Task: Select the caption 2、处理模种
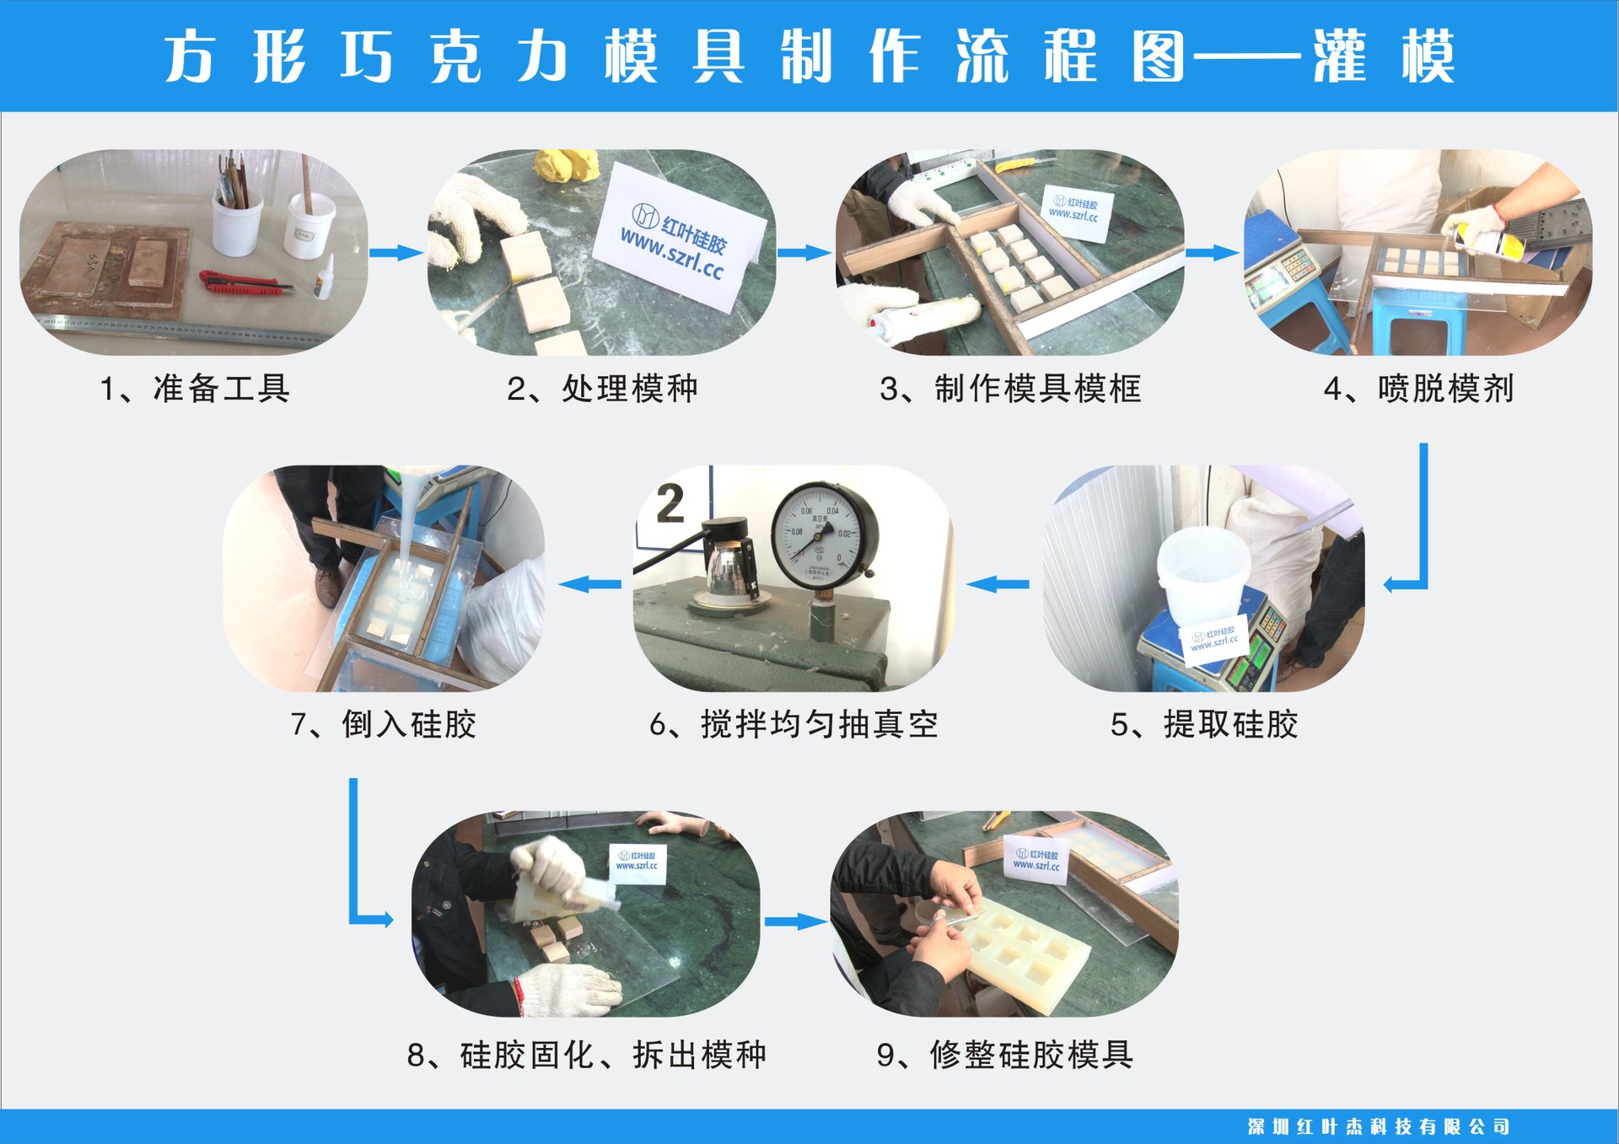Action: point(602,389)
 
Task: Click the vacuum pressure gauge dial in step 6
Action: point(823,536)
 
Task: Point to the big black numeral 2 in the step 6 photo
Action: point(670,503)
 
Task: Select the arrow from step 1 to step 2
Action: point(396,253)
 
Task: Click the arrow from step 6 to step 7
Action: point(589,583)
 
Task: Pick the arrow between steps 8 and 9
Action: point(794,921)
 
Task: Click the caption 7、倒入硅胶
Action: point(384,724)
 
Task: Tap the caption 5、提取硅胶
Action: point(1203,724)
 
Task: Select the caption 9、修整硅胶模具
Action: point(1004,1055)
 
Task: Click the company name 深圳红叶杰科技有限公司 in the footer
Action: point(1378,1126)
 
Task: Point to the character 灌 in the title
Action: point(1339,56)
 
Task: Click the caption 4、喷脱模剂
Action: point(1418,389)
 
